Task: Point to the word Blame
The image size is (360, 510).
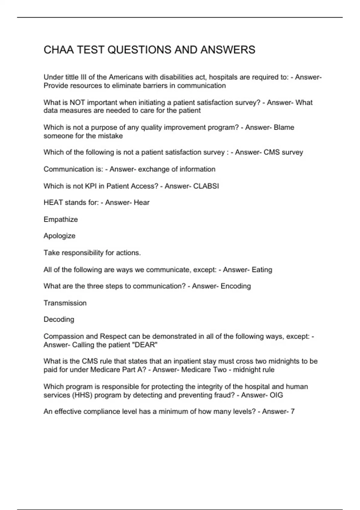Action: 284,127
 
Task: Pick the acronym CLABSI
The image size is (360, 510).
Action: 206,186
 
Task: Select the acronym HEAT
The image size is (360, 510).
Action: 53,203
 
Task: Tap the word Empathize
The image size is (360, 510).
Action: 61,220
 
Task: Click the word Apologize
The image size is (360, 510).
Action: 59,236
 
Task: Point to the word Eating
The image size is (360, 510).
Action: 262,270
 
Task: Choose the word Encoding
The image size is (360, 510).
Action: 236,286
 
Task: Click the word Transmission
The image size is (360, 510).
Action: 65,303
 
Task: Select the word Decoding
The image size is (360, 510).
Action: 59,319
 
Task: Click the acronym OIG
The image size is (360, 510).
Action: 276,395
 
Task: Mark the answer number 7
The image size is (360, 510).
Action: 293,412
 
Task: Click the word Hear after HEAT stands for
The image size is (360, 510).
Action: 142,203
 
